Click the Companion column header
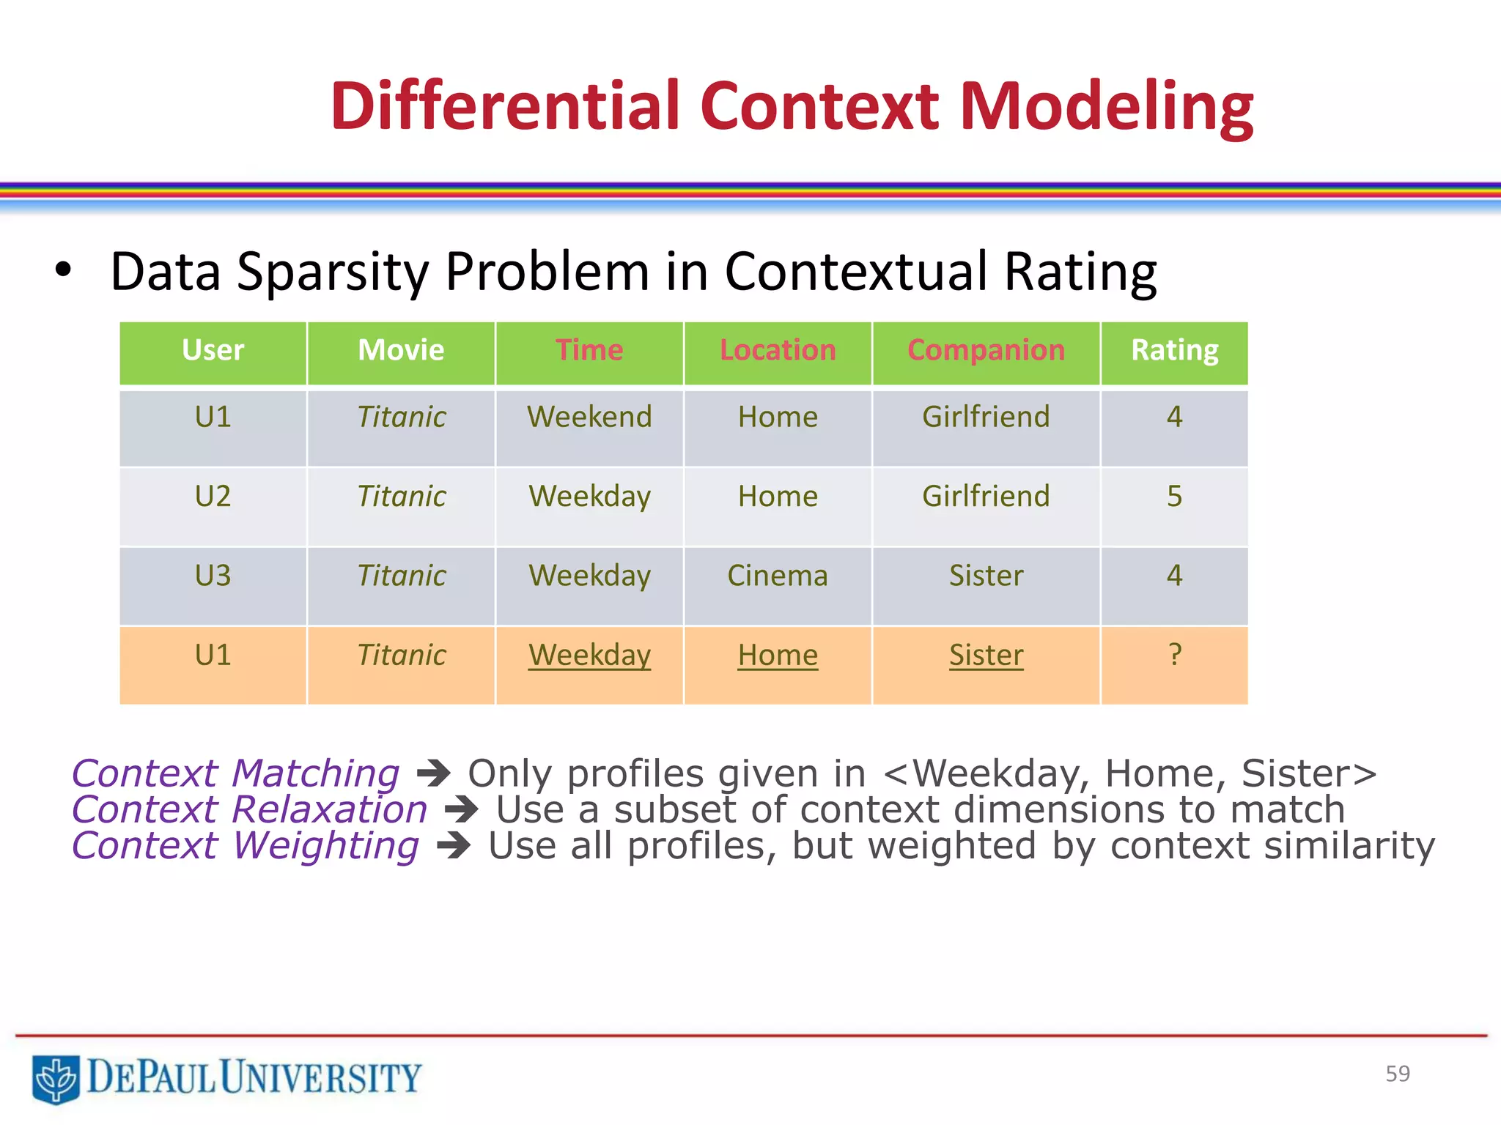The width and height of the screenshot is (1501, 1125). click(x=986, y=350)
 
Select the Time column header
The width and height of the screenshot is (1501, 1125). click(x=589, y=350)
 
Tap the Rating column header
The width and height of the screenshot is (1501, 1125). click(x=1174, y=350)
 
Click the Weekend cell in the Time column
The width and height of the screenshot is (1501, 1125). click(x=589, y=417)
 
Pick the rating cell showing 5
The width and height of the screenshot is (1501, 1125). click(x=1174, y=497)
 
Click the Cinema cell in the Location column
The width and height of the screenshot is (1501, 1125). click(x=778, y=576)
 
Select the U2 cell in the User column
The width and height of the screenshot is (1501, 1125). click(x=213, y=497)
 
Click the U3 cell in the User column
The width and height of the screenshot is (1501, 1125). click(x=213, y=576)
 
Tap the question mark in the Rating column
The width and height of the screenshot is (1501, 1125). click(x=1174, y=653)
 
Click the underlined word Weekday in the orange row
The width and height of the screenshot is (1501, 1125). click(x=589, y=655)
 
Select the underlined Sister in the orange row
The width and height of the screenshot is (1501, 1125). click(x=986, y=655)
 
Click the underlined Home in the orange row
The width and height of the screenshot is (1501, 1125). click(x=778, y=655)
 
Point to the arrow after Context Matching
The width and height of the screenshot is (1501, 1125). click(x=433, y=773)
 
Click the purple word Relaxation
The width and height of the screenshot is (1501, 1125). click(x=329, y=810)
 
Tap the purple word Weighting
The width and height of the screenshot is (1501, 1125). click(x=326, y=846)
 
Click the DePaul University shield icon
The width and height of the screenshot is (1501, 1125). click(x=56, y=1078)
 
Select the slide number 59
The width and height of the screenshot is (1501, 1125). click(x=1397, y=1074)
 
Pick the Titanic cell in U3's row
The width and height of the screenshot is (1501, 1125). click(x=401, y=576)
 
